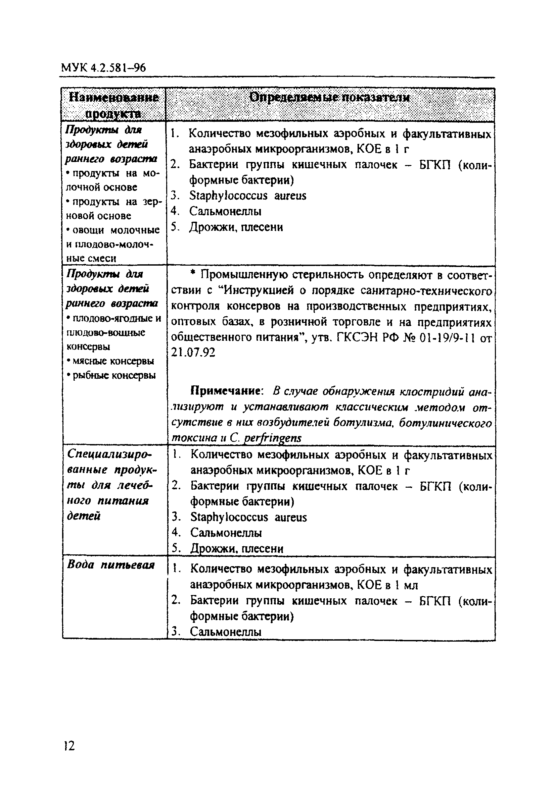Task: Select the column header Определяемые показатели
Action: (329, 98)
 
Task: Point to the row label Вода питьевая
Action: (110, 565)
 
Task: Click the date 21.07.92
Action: (193, 352)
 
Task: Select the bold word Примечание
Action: (227, 391)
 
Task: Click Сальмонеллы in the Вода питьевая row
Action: (226, 631)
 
